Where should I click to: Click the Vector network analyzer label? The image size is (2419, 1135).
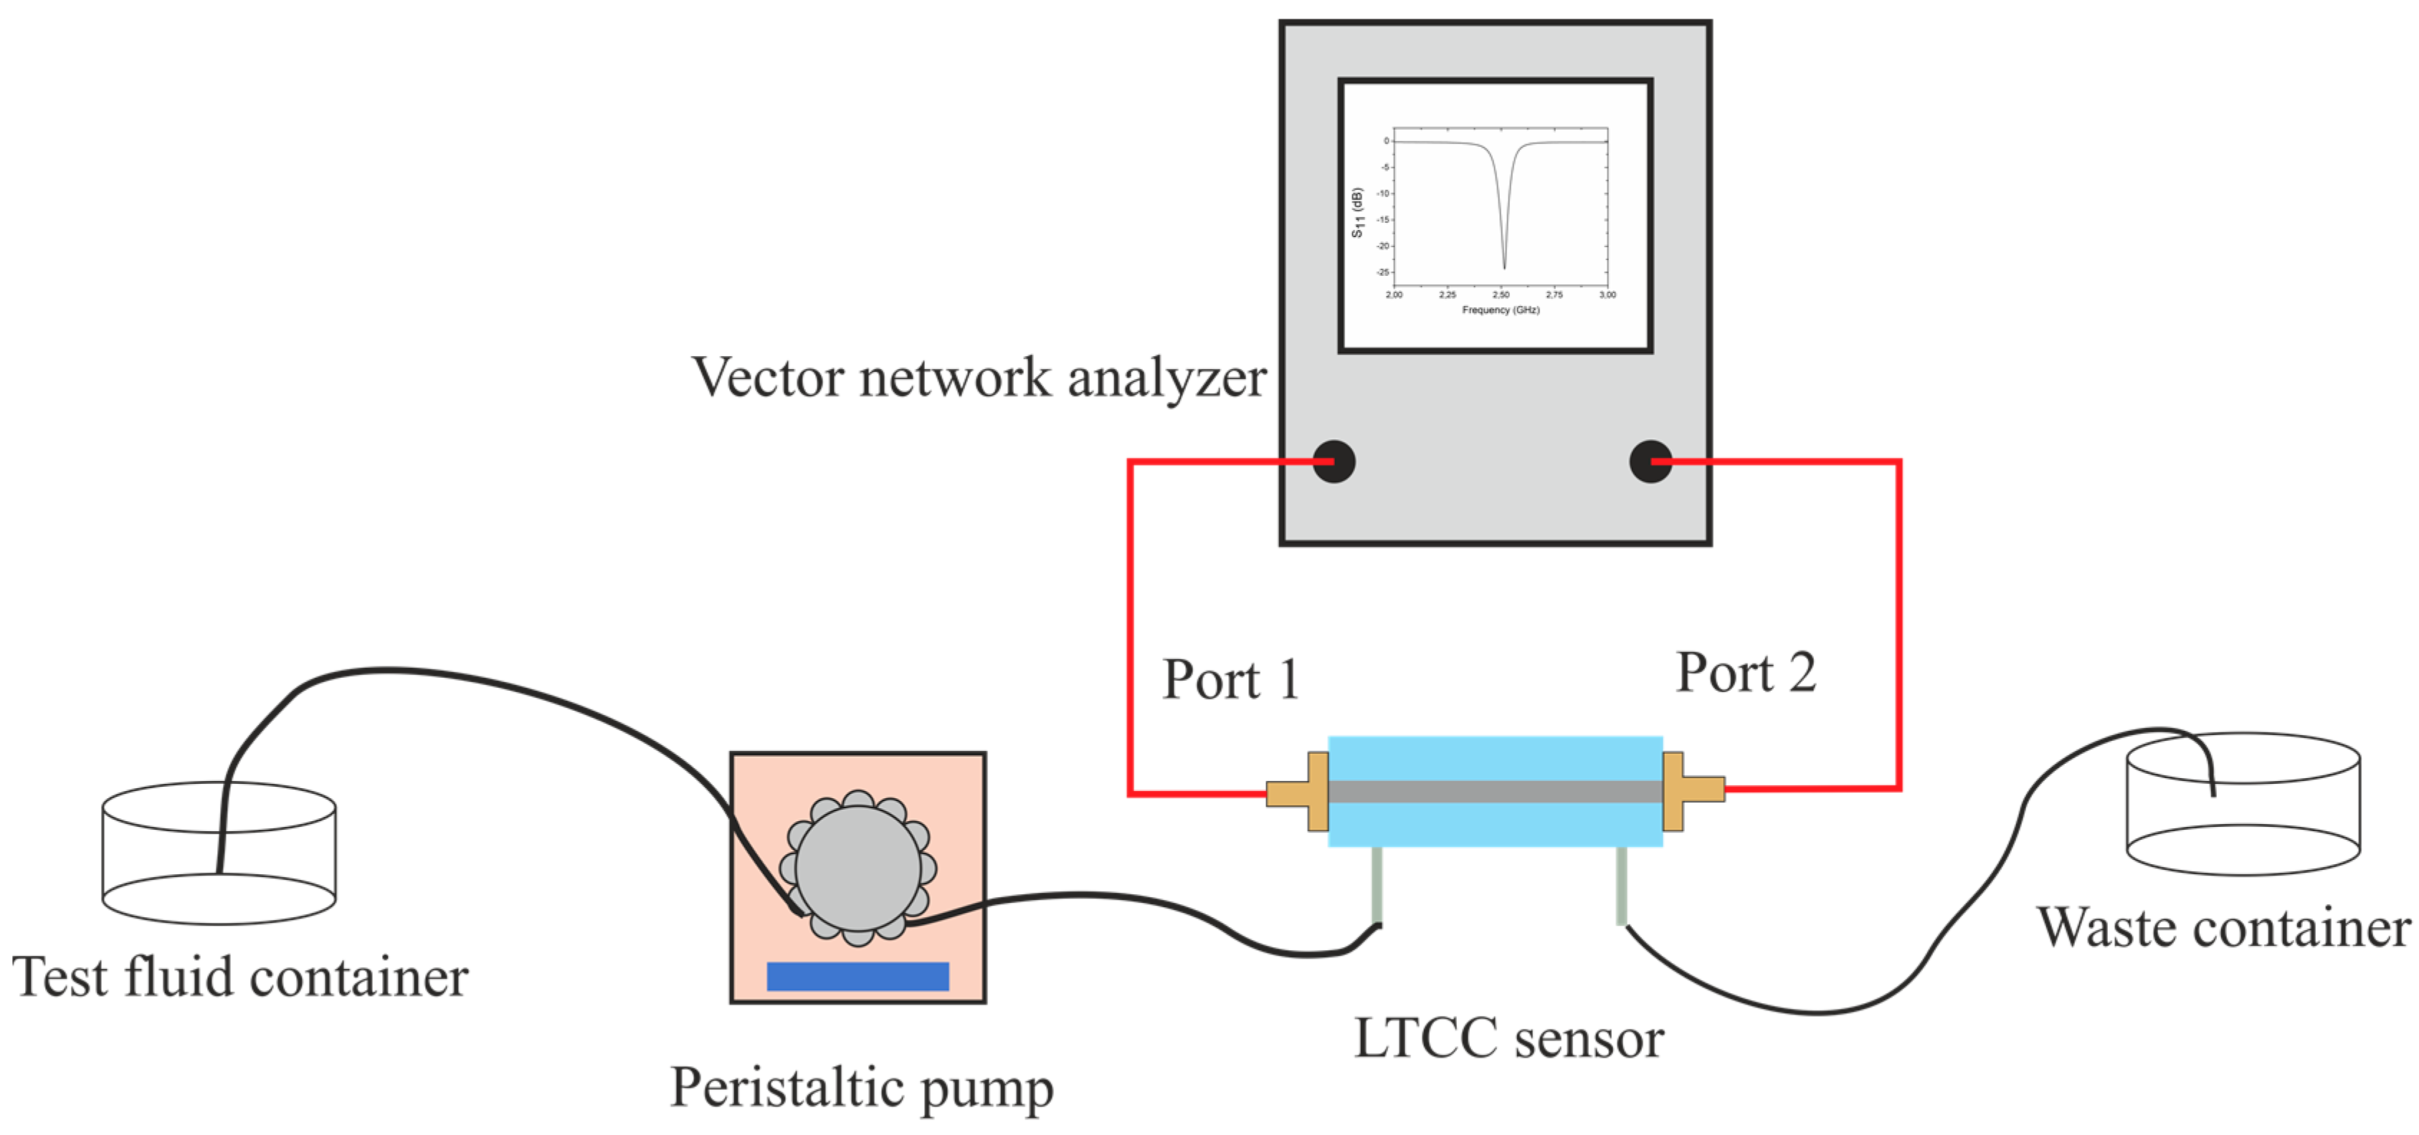(x=979, y=378)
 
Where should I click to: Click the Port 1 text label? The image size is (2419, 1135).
(x=1231, y=680)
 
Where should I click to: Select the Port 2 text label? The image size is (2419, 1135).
(x=1746, y=673)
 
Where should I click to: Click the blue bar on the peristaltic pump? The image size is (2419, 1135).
(x=857, y=977)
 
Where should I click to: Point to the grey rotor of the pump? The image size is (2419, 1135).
(x=857, y=868)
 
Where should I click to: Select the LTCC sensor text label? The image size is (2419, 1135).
(x=1508, y=1039)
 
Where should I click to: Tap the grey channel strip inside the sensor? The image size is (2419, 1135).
(x=1495, y=791)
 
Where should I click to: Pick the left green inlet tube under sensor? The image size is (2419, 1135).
(x=1377, y=885)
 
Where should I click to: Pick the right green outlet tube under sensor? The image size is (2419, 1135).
(x=1621, y=885)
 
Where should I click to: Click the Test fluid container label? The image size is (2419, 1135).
(x=239, y=978)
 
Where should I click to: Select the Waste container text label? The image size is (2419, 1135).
(x=2223, y=929)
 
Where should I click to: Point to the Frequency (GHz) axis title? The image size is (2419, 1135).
(x=1501, y=310)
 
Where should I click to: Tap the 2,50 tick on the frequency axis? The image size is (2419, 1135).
(x=1501, y=294)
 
